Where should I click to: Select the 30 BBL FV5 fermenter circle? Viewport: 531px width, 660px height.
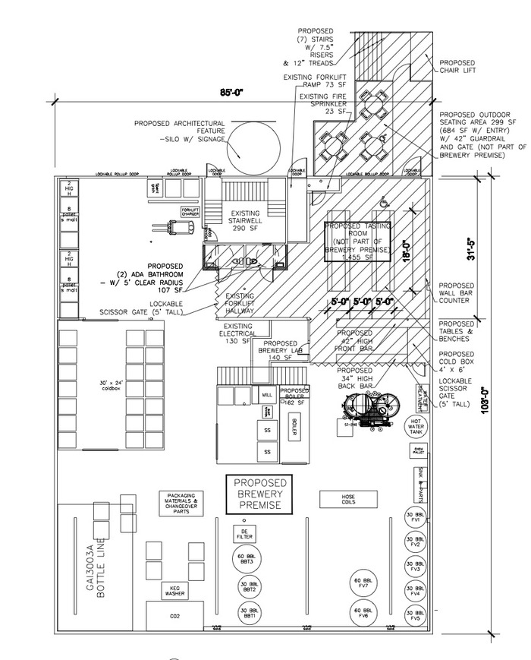click(x=413, y=616)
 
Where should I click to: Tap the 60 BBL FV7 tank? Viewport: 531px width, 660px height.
click(x=362, y=583)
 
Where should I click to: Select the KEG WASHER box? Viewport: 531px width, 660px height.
click(x=175, y=591)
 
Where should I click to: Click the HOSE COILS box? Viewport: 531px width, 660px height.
click(x=348, y=499)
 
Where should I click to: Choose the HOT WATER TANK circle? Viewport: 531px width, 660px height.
click(x=416, y=426)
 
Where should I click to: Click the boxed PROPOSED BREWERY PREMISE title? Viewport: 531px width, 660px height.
click(x=260, y=493)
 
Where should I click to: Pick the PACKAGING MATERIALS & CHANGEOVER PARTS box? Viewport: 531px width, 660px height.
click(x=182, y=502)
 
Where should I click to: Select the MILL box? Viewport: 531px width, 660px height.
click(x=266, y=396)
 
